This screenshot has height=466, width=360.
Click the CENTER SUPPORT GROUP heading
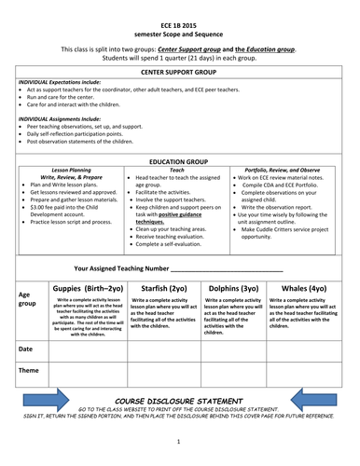[179, 71]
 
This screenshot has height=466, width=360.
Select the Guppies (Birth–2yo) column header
[83, 288]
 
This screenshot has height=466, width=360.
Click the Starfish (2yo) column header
[164, 288]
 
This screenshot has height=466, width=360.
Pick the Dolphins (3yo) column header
[235, 288]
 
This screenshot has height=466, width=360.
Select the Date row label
[26, 348]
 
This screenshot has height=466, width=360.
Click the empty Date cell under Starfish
[164, 350]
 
